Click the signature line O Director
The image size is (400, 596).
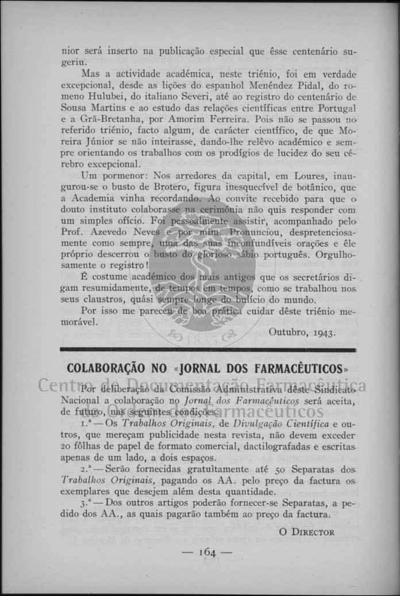click(x=306, y=532)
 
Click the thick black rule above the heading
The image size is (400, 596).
click(x=207, y=349)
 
